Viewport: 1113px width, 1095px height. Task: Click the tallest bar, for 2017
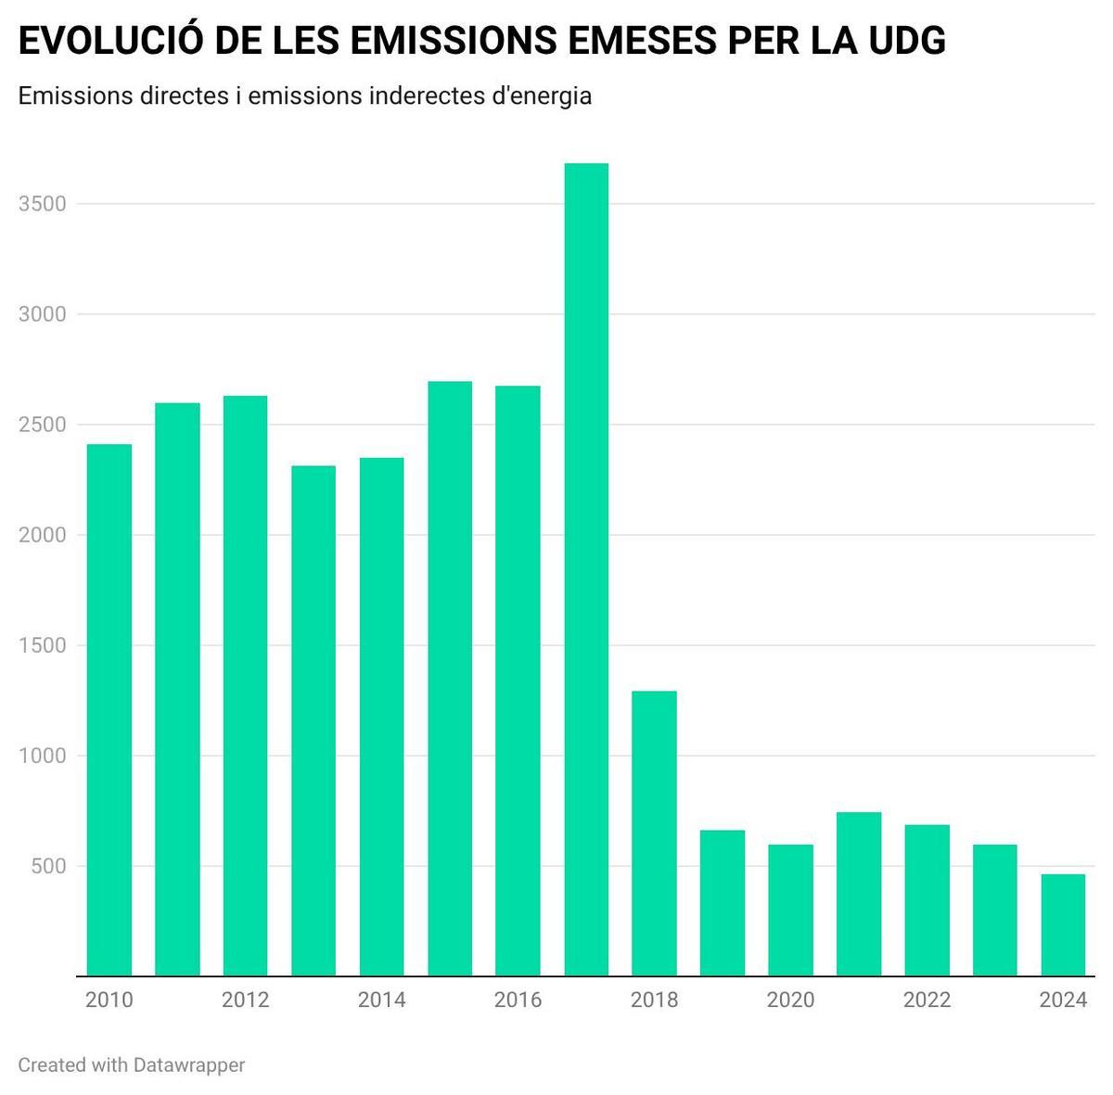click(586, 569)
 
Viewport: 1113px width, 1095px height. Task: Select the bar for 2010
click(109, 709)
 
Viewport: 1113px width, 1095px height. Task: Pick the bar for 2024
click(1063, 924)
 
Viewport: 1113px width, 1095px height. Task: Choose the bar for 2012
click(245, 685)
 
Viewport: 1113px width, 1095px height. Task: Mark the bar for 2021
click(859, 894)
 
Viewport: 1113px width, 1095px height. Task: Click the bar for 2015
click(450, 678)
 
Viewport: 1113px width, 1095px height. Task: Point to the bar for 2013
click(313, 720)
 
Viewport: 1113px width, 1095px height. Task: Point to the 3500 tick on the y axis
click(43, 204)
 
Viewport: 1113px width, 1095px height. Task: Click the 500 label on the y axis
click(48, 866)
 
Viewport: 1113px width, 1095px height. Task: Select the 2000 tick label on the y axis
click(43, 535)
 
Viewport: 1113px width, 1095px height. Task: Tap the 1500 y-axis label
click(43, 645)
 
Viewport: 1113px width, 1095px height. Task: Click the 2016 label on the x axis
click(518, 1000)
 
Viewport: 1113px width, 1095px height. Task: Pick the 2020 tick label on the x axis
click(790, 1000)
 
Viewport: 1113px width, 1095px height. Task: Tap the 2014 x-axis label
click(381, 1000)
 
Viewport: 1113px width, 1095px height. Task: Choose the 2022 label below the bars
click(927, 1000)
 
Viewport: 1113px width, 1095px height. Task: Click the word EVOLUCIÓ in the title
click(112, 41)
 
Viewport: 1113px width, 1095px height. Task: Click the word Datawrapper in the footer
click(189, 1065)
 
